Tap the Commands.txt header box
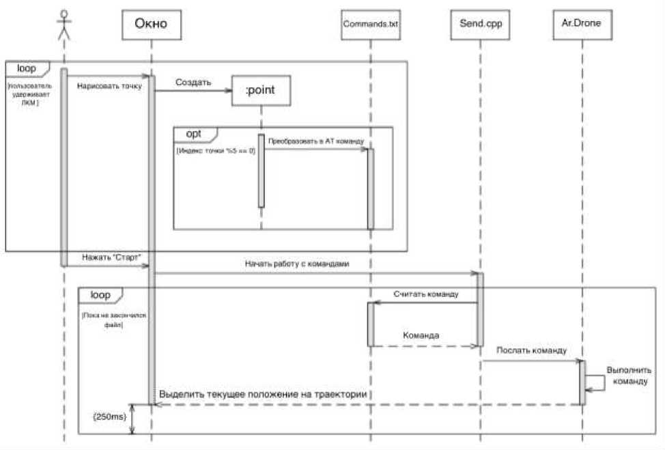[x=370, y=25]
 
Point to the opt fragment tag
[x=195, y=133]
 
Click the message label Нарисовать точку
[x=109, y=85]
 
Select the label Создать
[x=193, y=83]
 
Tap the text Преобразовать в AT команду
[x=315, y=141]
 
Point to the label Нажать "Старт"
[x=111, y=258]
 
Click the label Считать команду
[x=425, y=294]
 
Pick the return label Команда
[x=421, y=336]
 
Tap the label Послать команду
[x=531, y=350]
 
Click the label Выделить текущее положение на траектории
[x=264, y=395]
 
